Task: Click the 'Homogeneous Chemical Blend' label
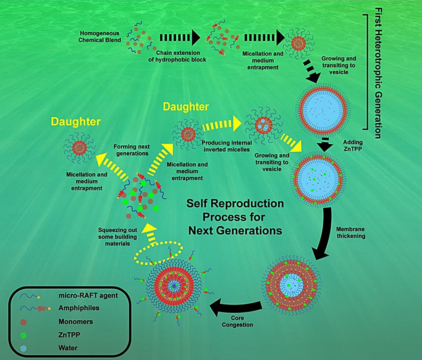pyautogui.click(x=100, y=37)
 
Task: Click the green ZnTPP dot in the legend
pyautogui.click(x=23, y=335)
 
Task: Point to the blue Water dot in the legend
pyautogui.click(x=23, y=348)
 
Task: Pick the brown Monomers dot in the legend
pyautogui.click(x=23, y=322)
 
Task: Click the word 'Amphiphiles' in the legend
pyautogui.click(x=79, y=308)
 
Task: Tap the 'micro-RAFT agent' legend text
pyautogui.click(x=88, y=295)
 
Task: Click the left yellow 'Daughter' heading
pyautogui.click(x=75, y=122)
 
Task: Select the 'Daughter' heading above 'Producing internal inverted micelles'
pyautogui.click(x=186, y=107)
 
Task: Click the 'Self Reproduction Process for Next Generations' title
pyautogui.click(x=235, y=217)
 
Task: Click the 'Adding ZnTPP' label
pyautogui.click(x=353, y=146)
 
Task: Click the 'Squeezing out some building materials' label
pyautogui.click(x=117, y=237)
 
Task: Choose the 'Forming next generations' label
pyautogui.click(x=132, y=150)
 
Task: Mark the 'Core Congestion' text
pyautogui.click(x=237, y=321)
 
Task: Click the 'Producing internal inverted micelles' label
pyautogui.click(x=227, y=146)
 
